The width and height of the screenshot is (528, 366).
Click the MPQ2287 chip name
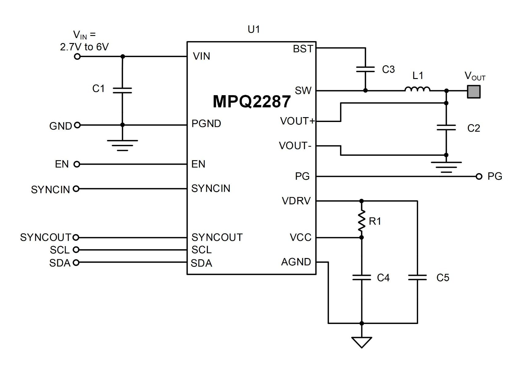[x=251, y=102]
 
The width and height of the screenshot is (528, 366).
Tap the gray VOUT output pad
[x=474, y=91]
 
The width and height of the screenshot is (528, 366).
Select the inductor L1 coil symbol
[x=418, y=89]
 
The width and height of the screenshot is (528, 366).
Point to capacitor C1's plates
[x=122, y=90]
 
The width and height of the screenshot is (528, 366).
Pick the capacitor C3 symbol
[x=365, y=70]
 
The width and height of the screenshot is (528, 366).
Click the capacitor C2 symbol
[x=446, y=127]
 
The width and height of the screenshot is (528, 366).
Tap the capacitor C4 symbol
[x=362, y=277]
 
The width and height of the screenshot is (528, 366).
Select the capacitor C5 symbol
[x=417, y=277]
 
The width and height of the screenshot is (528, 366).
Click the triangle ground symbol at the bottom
[x=362, y=342]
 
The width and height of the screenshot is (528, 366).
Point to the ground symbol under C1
[x=122, y=145]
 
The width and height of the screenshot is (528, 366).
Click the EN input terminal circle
[x=77, y=164]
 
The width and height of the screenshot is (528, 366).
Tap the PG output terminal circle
[x=479, y=176]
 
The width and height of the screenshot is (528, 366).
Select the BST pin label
[x=303, y=49]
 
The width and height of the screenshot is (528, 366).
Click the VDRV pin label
[x=296, y=201]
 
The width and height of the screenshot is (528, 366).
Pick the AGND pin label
[x=296, y=262]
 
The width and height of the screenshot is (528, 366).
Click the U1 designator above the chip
[x=254, y=29]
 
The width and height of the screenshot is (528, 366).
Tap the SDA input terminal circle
[x=76, y=262]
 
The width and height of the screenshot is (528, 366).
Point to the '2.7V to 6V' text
[x=84, y=47]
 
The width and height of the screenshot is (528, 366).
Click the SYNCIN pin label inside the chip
[x=211, y=188]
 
